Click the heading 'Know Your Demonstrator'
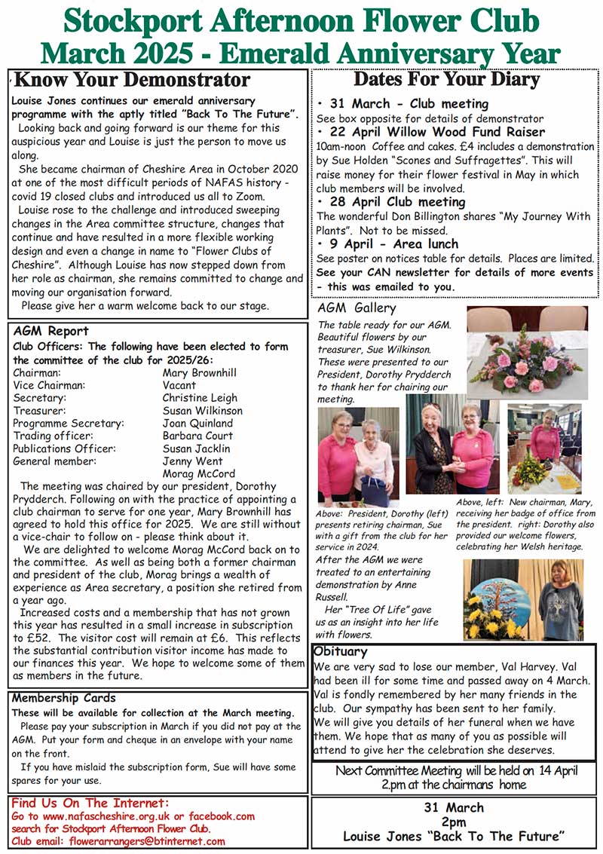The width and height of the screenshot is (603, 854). pyautogui.click(x=133, y=80)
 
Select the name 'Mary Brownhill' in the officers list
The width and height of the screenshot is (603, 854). pyautogui.click(x=199, y=372)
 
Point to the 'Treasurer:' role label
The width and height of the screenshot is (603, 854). pyautogui.click(x=40, y=411)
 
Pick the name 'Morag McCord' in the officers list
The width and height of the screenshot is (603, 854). pyautogui.click(x=199, y=474)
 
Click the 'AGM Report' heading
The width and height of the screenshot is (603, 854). pyautogui.click(x=51, y=331)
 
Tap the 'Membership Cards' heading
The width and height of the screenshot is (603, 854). pyautogui.click(x=63, y=698)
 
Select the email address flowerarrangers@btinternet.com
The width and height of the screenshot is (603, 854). pyautogui.click(x=147, y=841)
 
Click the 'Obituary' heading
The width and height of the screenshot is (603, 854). pyautogui.click(x=341, y=651)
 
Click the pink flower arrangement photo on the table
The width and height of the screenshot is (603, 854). pyautogui.click(x=527, y=352)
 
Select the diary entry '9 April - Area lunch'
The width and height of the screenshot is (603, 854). pyautogui.click(x=393, y=244)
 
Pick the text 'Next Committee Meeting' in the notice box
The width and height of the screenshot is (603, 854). pyautogui.click(x=396, y=770)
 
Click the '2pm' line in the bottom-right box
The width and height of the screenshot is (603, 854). pyautogui.click(x=453, y=822)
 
